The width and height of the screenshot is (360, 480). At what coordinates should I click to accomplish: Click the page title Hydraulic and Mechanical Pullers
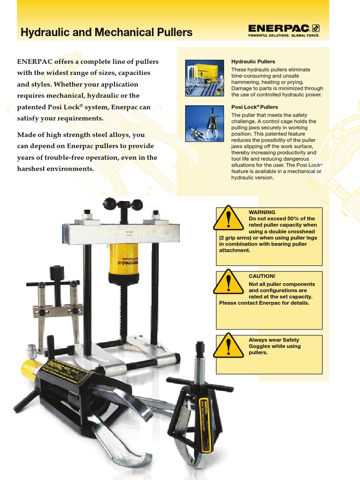(106, 32)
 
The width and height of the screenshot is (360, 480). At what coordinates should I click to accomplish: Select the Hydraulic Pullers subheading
(253, 61)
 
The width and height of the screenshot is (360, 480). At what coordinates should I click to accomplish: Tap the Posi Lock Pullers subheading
(255, 107)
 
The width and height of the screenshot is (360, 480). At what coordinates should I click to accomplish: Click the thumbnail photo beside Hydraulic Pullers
(204, 78)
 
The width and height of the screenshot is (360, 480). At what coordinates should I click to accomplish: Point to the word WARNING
(262, 212)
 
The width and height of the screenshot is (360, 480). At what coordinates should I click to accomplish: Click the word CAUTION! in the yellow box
(262, 277)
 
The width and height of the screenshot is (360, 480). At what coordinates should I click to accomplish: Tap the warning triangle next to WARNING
(228, 218)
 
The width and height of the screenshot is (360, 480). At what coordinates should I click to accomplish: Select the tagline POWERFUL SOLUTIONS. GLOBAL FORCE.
(284, 35)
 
